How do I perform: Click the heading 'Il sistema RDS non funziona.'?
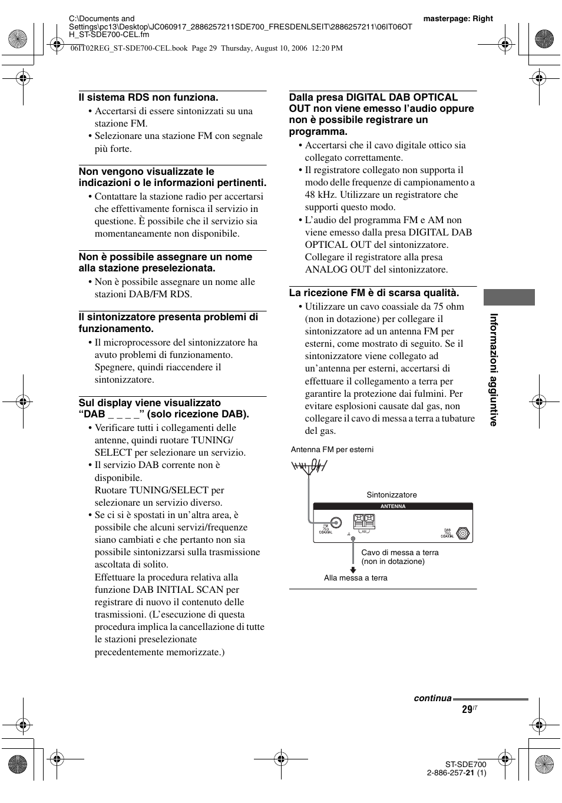[148, 98]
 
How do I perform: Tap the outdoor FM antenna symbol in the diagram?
[308, 467]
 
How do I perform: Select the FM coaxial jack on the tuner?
[336, 522]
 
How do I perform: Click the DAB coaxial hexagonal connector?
[464, 533]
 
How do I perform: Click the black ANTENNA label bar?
[393, 506]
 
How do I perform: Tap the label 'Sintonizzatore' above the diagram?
[391, 495]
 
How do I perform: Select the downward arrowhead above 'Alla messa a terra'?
[353, 569]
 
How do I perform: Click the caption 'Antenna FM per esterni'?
[332, 450]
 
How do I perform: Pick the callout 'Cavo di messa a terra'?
[399, 553]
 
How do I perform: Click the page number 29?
[467, 710]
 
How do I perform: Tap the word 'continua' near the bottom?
[432, 698]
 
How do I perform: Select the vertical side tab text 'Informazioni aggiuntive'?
[494, 370]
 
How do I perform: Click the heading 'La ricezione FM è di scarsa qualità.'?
[373, 293]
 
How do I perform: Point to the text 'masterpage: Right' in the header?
[458, 19]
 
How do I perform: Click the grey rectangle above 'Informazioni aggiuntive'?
[509, 297]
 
